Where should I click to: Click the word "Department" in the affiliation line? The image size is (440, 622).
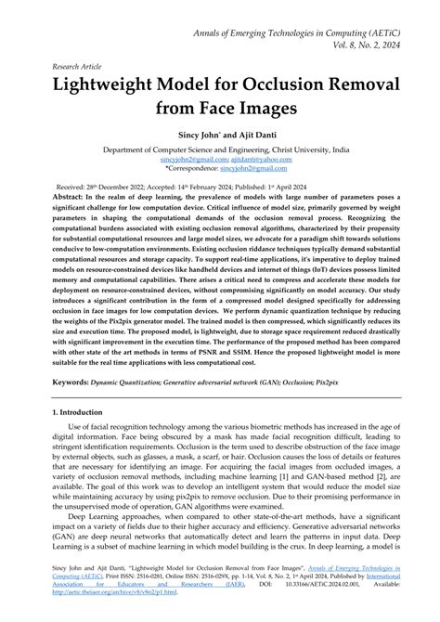pos(128,149)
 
